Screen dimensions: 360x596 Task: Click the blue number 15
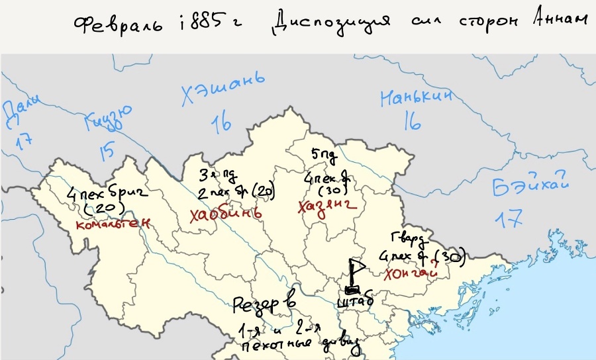[x=106, y=150]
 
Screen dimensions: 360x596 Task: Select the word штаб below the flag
[x=356, y=302]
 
